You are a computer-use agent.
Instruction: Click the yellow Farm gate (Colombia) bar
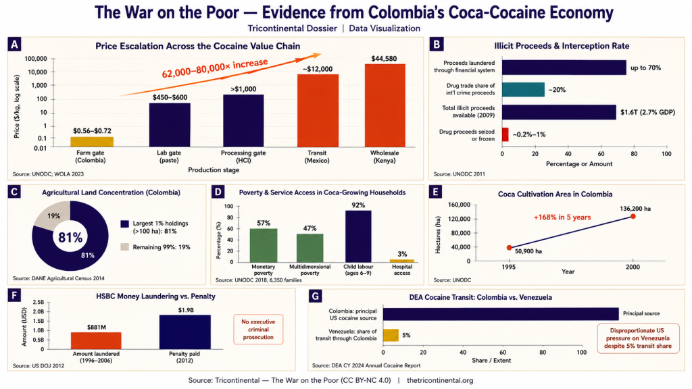92,142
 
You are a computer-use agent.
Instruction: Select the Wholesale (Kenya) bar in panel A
385,105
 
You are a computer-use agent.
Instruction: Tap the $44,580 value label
384,58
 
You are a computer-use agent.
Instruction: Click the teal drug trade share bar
523,90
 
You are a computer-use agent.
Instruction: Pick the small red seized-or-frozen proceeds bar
505,134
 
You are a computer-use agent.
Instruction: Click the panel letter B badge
437,45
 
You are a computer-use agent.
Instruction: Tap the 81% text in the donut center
70,238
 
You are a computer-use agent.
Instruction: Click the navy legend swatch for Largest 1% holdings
124,224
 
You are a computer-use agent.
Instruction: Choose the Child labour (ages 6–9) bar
358,236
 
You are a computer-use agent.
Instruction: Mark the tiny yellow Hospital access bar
402,261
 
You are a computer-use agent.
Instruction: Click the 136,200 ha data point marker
633,216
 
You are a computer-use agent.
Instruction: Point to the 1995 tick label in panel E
509,267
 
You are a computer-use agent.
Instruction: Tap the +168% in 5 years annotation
562,217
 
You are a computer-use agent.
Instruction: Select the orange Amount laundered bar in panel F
96,340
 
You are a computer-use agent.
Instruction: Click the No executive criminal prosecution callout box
258,330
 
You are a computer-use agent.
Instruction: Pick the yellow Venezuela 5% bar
391,335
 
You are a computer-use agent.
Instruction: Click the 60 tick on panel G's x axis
503,353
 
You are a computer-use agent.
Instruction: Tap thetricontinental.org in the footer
439,380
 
